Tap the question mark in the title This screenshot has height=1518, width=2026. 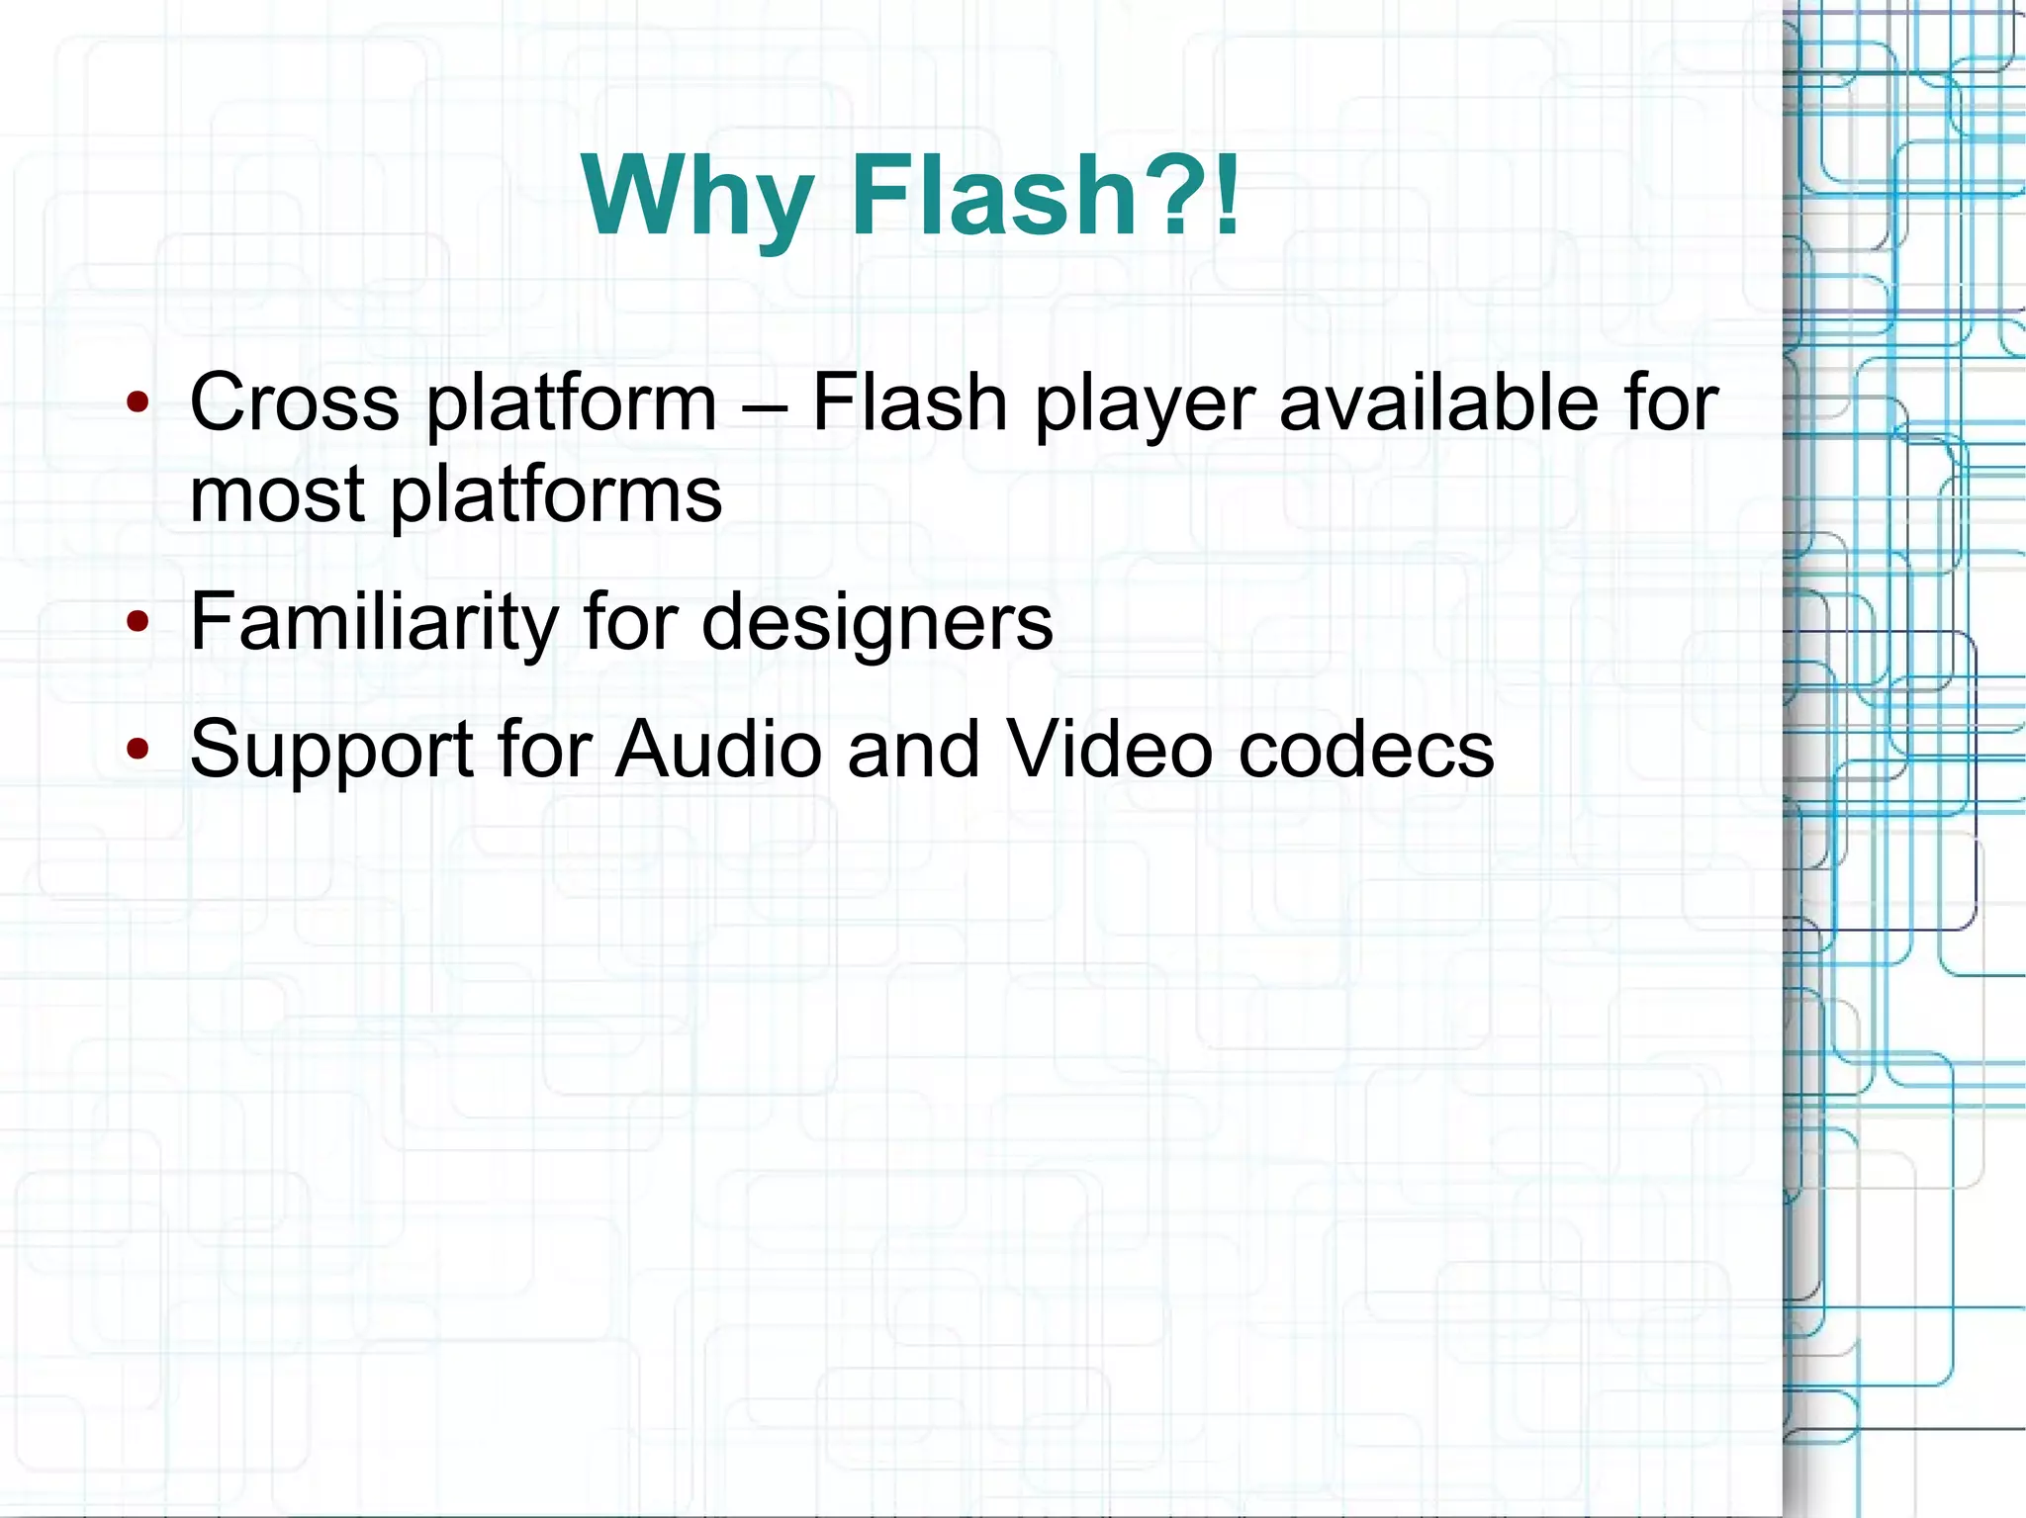tap(1176, 194)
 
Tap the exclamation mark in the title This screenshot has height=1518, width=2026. tap(1227, 194)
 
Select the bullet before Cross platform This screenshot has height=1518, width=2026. tap(138, 402)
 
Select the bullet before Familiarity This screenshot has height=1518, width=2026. tap(138, 622)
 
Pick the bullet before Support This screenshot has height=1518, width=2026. tap(138, 749)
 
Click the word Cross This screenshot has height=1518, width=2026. tap(294, 402)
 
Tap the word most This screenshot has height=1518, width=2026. tap(276, 494)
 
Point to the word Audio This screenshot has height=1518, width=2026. tap(718, 749)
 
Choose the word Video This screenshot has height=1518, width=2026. tap(1109, 749)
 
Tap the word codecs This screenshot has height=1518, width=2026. tap(1366, 749)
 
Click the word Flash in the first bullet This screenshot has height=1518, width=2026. tap(909, 402)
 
